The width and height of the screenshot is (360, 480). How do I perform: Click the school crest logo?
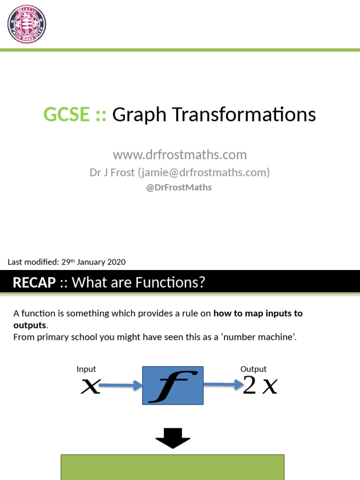click(x=26, y=24)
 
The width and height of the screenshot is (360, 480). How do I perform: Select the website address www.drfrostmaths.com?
click(x=180, y=155)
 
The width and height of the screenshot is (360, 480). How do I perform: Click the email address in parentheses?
click(x=204, y=172)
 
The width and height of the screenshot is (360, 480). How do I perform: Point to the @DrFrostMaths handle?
click(x=180, y=187)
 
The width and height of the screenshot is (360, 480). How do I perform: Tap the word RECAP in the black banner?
click(x=34, y=283)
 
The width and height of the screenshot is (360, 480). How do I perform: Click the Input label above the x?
click(x=86, y=369)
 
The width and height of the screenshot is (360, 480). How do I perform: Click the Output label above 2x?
click(x=254, y=369)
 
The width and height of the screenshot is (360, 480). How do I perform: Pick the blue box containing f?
click(x=173, y=385)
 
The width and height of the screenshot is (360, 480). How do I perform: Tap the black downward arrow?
click(x=173, y=439)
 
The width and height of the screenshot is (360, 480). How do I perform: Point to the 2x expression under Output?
click(x=260, y=386)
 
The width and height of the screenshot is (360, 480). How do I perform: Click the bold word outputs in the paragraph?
click(x=30, y=325)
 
